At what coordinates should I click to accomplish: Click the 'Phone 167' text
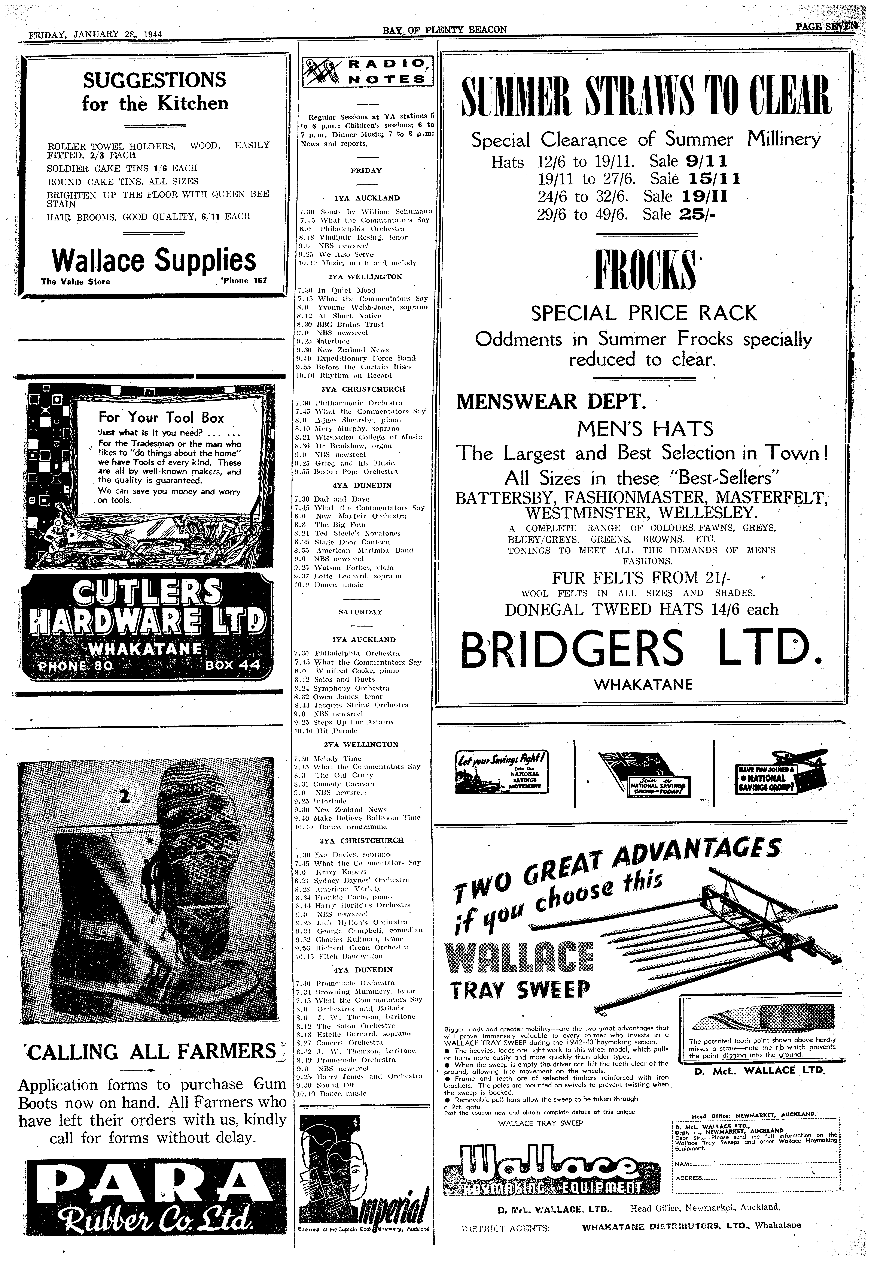tap(244, 282)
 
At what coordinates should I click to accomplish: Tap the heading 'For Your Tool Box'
tap(161, 418)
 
